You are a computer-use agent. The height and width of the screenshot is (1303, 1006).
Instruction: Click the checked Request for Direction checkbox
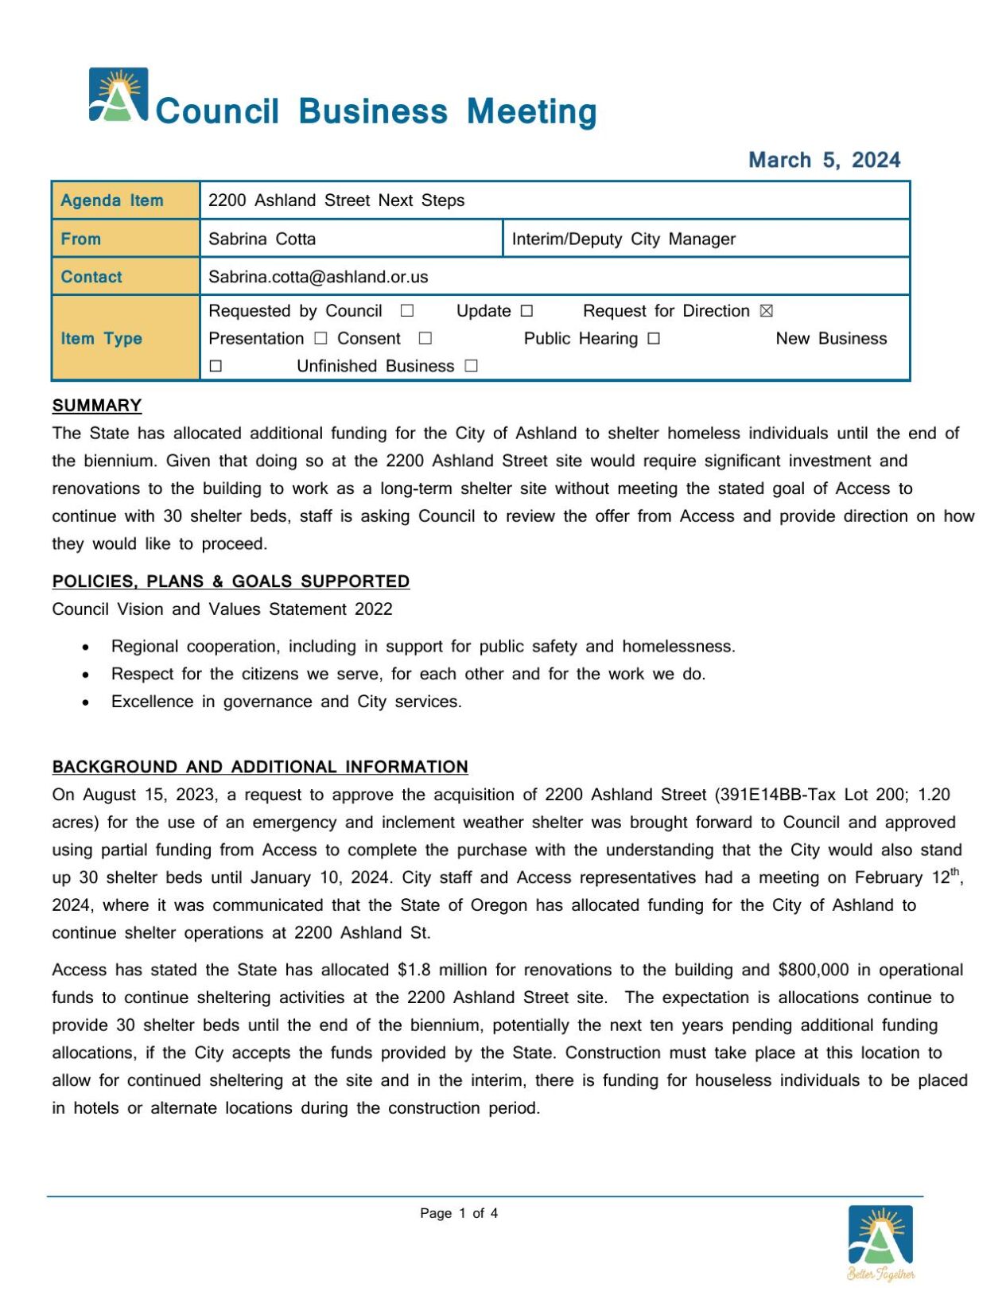(x=766, y=311)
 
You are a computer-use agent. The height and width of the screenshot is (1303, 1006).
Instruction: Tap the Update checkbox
(x=526, y=311)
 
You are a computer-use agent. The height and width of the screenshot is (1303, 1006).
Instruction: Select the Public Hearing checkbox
(x=653, y=339)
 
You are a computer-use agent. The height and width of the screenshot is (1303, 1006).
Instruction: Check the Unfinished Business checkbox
(x=471, y=366)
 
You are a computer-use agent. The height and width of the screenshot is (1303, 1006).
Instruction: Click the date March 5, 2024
(x=824, y=160)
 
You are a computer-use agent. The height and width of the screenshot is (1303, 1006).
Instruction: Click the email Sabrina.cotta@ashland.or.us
(x=318, y=277)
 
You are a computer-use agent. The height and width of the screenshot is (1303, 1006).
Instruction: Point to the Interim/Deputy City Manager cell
(x=623, y=239)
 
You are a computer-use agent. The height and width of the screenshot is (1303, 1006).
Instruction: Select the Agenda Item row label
(x=112, y=200)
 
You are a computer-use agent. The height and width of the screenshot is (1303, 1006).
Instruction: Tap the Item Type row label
(x=101, y=338)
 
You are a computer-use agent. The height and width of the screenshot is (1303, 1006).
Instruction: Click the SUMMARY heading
(x=97, y=406)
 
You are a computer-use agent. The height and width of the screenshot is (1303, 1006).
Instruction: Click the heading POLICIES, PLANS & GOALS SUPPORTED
(x=231, y=581)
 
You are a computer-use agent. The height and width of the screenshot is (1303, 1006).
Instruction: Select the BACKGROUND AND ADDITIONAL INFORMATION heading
(x=260, y=767)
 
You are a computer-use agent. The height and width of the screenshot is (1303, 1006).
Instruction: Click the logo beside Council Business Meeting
(x=118, y=95)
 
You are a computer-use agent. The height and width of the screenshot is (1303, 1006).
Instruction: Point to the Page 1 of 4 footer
(x=459, y=1213)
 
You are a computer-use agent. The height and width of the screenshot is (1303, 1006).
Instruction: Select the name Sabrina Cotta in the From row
(x=262, y=239)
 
